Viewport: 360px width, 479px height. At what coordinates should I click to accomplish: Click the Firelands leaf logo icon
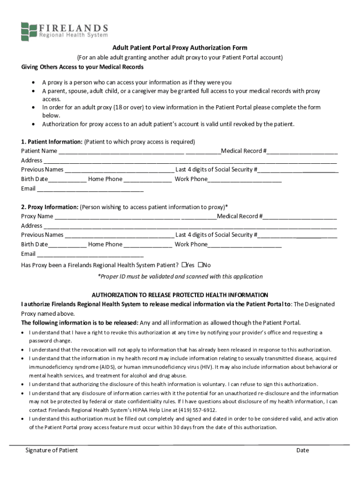tap(29, 31)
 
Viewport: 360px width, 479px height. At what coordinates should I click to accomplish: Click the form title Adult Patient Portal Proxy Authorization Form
tap(180, 48)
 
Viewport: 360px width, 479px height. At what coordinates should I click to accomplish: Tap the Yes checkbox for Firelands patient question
tap(185, 265)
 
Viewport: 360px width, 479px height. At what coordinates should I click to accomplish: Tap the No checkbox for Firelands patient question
tap(201, 265)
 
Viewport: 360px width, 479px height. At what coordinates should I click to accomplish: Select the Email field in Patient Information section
tap(90, 189)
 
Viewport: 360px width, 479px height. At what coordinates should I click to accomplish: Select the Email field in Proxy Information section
tap(90, 254)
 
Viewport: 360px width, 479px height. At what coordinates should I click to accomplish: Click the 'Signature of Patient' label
tap(51, 450)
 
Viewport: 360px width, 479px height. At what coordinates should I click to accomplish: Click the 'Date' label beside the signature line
tap(302, 450)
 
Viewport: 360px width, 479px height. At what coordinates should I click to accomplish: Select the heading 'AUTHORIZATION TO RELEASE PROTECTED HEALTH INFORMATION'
tap(180, 295)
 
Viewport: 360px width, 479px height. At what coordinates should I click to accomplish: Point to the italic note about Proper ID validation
tap(180, 276)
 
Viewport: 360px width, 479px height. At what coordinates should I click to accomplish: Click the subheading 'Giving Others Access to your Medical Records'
tap(82, 67)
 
